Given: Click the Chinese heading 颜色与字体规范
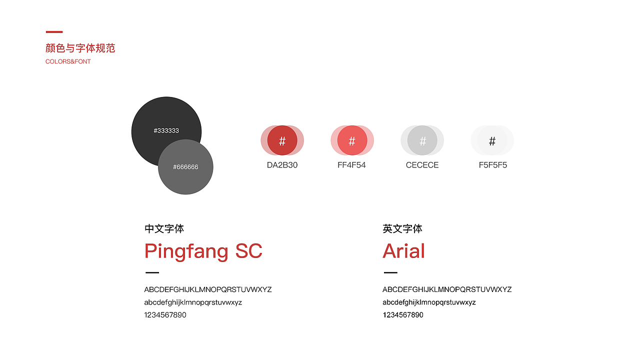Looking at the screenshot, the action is [80, 48].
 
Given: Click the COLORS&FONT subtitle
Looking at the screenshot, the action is [68, 61].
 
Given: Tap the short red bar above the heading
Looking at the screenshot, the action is [54, 32].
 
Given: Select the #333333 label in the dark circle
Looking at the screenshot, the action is [166, 130].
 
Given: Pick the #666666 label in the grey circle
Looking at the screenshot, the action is [185, 167].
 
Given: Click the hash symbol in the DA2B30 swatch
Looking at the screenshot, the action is [282, 141].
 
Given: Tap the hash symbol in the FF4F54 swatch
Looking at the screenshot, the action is [352, 141].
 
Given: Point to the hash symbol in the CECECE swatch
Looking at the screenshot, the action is [422, 141].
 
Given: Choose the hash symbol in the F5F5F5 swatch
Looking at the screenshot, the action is [492, 141].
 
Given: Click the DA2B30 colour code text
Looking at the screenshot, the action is [282, 165].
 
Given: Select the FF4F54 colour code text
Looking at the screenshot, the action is [351, 165].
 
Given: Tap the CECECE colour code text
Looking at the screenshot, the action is [422, 165].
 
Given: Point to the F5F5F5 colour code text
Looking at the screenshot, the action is [493, 165].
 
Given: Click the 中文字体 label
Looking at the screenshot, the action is [164, 229].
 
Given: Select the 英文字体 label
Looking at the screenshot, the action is [402, 229].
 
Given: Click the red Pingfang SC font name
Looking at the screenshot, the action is [203, 251].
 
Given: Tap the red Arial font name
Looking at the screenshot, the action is [403, 251].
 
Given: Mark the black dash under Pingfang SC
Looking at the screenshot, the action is [152, 272].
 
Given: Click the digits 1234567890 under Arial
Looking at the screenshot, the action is [403, 315].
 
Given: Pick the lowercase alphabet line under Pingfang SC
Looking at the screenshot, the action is [193, 302].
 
